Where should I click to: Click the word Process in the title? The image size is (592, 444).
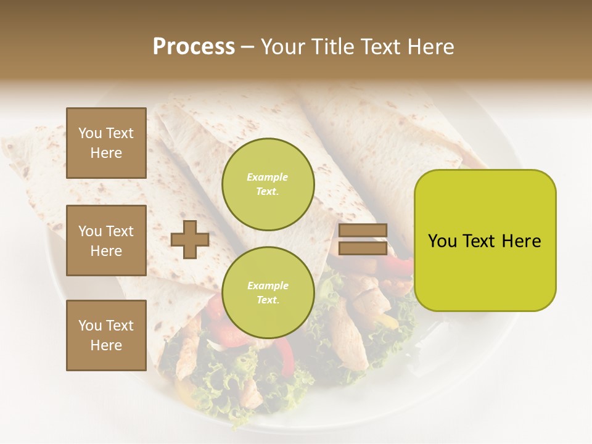194,47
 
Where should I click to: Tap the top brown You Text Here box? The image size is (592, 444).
106,143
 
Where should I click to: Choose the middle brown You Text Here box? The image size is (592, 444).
106,240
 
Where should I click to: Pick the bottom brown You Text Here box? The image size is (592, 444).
106,335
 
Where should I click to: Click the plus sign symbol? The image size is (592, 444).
190,239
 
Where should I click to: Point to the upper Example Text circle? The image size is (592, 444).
268,184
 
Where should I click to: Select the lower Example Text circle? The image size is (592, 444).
268,292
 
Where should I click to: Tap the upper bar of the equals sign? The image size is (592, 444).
363,231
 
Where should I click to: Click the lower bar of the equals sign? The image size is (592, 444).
363,249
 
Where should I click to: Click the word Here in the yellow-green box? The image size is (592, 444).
521,241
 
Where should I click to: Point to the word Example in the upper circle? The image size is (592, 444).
267,177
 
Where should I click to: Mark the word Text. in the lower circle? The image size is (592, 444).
268,300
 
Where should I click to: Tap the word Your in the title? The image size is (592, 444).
281,47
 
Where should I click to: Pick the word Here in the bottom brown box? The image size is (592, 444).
106,345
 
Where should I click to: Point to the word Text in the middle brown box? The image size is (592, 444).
120,231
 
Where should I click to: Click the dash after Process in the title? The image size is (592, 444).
247,47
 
